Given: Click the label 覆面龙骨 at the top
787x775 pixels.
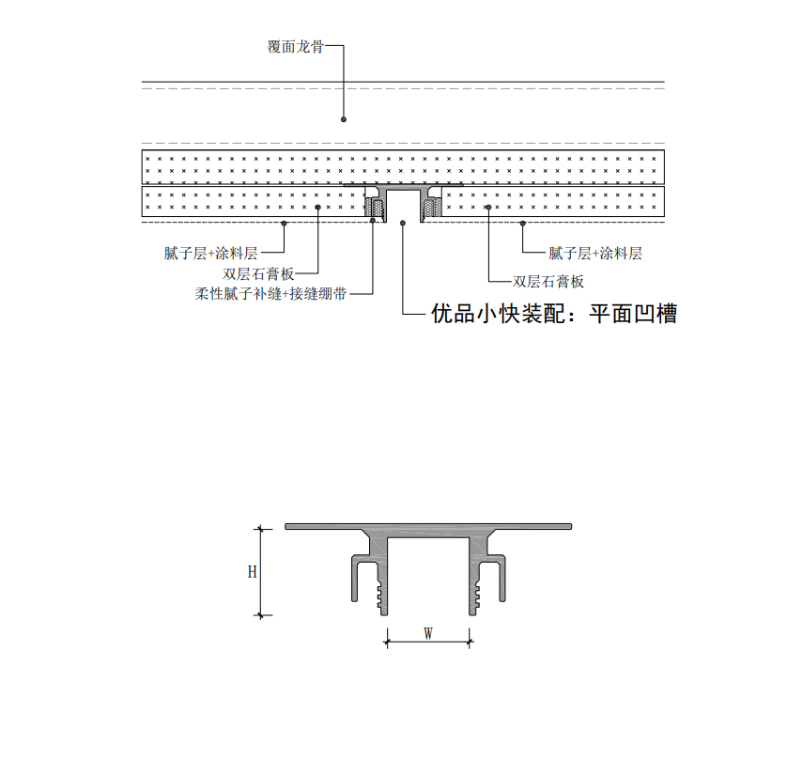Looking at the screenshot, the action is point(295,47).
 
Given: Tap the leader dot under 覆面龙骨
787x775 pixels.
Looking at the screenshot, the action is point(344,119).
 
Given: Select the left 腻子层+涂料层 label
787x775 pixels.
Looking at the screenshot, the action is point(210,253).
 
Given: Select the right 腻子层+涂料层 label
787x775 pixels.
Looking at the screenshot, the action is point(594,253).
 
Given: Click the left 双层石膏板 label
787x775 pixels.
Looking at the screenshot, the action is point(258,274).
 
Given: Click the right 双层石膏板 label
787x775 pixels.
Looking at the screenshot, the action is point(548,282).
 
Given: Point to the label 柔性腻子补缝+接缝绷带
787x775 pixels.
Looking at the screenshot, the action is point(270,294).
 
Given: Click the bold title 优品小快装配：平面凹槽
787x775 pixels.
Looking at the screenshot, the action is point(554,314).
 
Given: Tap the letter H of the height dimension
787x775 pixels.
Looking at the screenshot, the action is point(252,572).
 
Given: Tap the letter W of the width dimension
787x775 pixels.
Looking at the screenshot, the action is point(428,633).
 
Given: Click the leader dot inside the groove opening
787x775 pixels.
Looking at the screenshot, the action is point(403,223).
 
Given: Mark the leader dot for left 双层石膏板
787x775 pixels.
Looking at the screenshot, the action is point(317,208).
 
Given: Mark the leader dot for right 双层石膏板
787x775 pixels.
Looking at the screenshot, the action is point(488,208).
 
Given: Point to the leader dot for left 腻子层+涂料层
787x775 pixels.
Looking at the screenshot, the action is point(284,223).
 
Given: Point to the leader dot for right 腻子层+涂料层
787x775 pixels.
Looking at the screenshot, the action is point(522,223).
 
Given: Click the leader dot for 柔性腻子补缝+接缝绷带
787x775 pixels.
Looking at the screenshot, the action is point(373,221).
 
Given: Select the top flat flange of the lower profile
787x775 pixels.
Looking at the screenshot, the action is point(428,527).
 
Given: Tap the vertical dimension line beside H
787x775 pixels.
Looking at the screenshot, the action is point(260,572).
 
